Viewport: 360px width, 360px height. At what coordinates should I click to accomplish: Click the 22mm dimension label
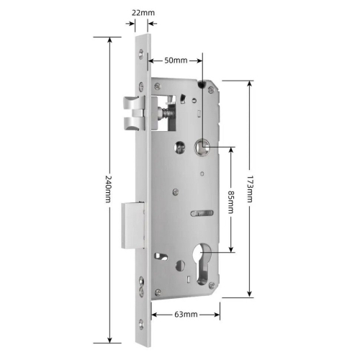pos(143,12)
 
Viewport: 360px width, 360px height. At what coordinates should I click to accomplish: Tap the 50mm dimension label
pos(176,60)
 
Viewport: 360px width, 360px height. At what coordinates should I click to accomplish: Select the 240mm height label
pos(109,189)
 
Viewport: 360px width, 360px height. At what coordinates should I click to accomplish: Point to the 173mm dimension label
pos(250,189)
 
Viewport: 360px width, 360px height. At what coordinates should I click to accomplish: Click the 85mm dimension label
pos(230,202)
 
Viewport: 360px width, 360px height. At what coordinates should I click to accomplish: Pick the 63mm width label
pos(186,314)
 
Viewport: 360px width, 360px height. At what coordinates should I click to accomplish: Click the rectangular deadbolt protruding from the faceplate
pos(133,225)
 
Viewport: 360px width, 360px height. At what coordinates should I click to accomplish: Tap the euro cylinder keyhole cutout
pos(203,264)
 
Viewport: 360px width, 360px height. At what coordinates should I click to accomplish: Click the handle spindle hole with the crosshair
pos(202,146)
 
